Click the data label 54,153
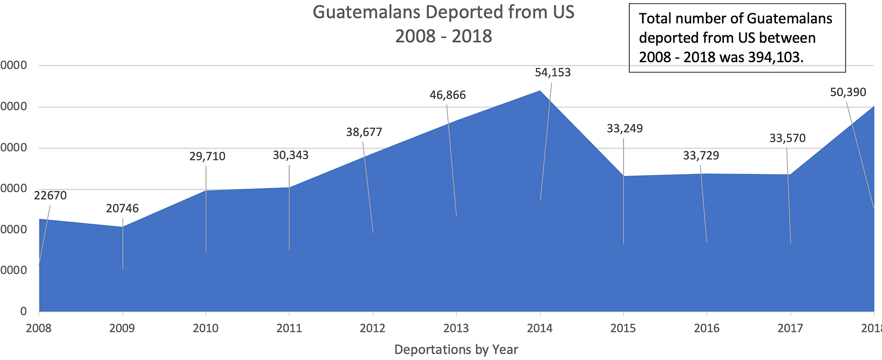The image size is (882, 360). click(x=552, y=72)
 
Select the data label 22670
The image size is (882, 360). click(x=50, y=196)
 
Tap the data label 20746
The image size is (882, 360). click(x=122, y=209)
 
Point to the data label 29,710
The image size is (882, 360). click(x=207, y=156)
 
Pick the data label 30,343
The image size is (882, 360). click(x=291, y=155)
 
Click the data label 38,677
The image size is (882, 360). click(x=364, y=132)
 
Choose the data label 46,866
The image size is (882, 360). click(x=447, y=95)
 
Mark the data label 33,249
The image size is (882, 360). click(x=625, y=128)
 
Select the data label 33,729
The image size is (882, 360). click(x=701, y=156)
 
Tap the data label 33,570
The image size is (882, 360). click(x=787, y=138)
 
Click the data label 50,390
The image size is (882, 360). click(x=848, y=92)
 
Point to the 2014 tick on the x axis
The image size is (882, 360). click(x=540, y=328)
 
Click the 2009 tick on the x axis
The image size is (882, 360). click(x=122, y=328)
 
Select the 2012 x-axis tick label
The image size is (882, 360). click(x=372, y=328)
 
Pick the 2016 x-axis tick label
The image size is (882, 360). click(x=707, y=328)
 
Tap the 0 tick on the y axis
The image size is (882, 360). click(x=23, y=311)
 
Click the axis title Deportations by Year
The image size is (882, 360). click(x=456, y=349)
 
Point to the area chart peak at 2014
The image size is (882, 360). click(x=540, y=91)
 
